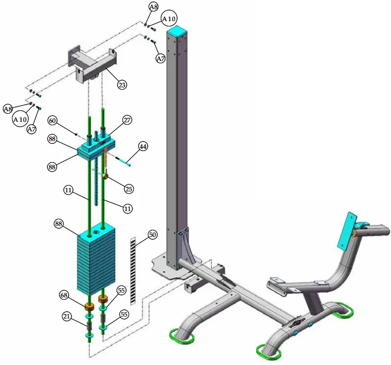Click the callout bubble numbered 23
(x=123, y=84)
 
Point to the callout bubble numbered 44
(x=143, y=146)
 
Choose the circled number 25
(x=129, y=189)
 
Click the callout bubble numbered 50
(x=152, y=235)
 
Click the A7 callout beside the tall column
(x=161, y=59)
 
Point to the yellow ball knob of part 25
(x=104, y=177)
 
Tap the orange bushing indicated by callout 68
(x=89, y=306)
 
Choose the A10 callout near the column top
(x=168, y=19)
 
